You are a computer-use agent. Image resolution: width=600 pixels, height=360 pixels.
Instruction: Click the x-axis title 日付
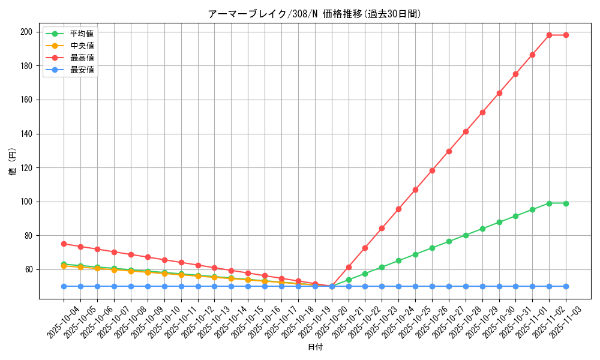pyautogui.click(x=315, y=347)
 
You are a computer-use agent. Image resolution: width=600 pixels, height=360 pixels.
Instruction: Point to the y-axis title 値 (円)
pyautogui.click(x=13, y=162)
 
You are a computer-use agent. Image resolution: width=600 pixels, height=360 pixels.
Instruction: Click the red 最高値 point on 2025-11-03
pyautogui.click(x=566, y=35)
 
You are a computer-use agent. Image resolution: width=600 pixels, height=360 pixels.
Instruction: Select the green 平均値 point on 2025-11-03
pyautogui.click(x=566, y=203)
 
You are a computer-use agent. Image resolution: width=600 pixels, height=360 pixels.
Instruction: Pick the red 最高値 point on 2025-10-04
pyautogui.click(x=64, y=244)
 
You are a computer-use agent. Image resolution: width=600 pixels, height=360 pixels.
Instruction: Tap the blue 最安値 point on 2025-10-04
pyautogui.click(x=64, y=286)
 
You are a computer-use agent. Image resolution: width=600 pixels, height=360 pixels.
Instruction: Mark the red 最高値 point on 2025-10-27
pyautogui.click(x=449, y=151)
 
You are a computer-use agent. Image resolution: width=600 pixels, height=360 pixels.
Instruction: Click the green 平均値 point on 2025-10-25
pyautogui.click(x=415, y=254)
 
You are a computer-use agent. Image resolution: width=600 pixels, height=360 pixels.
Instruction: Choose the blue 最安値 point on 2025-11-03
pyautogui.click(x=566, y=286)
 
